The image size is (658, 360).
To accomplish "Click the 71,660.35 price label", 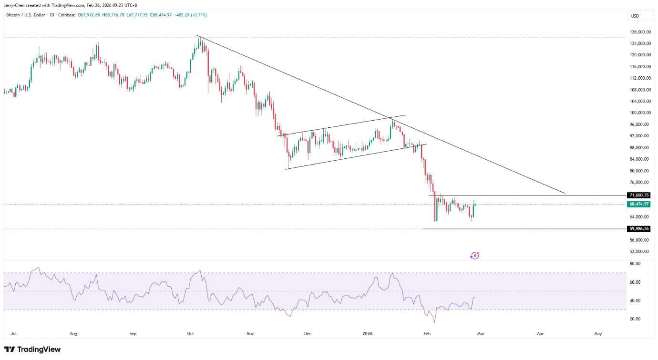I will (639, 195).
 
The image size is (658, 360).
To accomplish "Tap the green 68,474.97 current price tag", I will (639, 204).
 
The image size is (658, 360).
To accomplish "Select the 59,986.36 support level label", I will (639, 229).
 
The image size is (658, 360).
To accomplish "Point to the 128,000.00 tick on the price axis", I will (641, 32).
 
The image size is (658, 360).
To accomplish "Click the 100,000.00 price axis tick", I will (641, 113).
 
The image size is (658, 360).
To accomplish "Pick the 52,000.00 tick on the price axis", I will (640, 251).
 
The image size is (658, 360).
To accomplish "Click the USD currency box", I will (635, 16).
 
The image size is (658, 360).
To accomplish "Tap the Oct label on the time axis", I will (190, 334).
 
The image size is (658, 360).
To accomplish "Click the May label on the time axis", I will (598, 334).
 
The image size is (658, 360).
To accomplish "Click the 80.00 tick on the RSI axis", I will (634, 264).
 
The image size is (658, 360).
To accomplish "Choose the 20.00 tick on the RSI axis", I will (634, 319).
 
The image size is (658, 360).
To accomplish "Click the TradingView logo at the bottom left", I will (32, 350).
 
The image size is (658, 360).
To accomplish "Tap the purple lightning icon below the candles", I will (474, 256).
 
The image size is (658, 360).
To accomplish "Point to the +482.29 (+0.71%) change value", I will (192, 15).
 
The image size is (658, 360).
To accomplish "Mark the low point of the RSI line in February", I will (434, 322).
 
